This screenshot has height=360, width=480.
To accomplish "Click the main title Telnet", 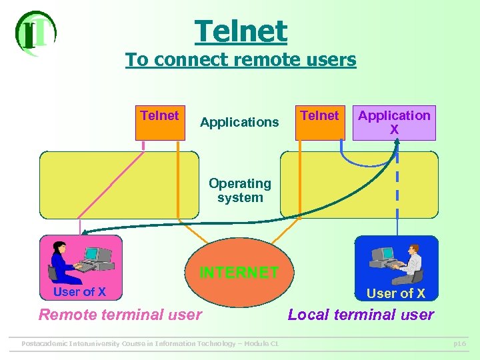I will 241,31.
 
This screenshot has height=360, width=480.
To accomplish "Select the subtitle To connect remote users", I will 241,60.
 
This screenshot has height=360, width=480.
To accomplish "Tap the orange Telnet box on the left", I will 160,122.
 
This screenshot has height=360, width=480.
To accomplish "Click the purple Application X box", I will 394,123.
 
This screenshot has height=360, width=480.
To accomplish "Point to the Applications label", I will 239,122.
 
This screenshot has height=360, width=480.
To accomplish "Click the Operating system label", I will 240,190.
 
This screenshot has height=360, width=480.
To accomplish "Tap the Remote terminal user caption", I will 121,315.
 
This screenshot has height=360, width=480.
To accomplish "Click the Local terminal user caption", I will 361,315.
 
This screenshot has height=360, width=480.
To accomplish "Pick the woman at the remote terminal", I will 64,261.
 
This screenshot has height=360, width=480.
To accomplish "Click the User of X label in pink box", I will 79,291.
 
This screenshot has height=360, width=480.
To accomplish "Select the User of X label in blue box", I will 396,293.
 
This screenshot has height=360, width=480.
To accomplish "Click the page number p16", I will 459,344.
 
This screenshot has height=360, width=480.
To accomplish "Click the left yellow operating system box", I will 119,185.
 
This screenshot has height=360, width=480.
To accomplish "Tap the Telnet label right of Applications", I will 319,115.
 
